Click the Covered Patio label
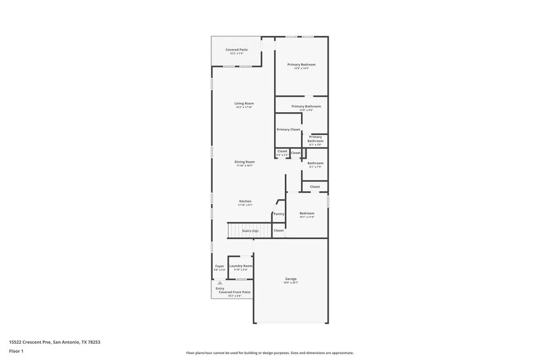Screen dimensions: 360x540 (236, 50)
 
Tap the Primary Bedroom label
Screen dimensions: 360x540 (301, 64)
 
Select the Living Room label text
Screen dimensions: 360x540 (244, 103)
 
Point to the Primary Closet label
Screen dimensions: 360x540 (288, 129)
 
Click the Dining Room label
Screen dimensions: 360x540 (244, 161)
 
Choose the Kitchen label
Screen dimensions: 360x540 (245, 201)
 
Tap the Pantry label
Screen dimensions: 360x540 (279, 214)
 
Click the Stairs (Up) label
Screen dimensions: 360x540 (250, 231)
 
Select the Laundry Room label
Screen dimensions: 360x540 (241, 266)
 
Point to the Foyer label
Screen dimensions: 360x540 (219, 266)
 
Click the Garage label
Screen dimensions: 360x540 (291, 279)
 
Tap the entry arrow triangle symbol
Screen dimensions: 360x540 (219, 282)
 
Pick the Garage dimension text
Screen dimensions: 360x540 (291, 283)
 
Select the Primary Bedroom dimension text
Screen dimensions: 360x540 (301, 68)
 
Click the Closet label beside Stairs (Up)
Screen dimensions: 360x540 (279, 230)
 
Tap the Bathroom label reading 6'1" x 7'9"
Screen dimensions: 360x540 (315, 163)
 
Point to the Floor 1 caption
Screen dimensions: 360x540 (17, 352)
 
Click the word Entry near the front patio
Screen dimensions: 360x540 (220, 288)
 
